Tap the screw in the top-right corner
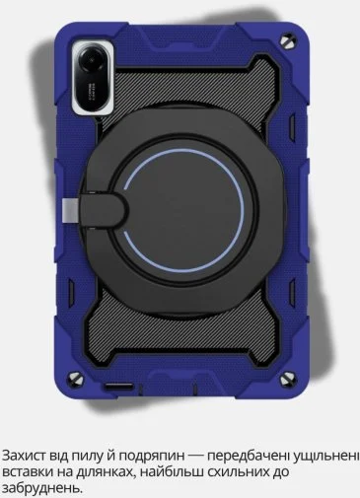click(x=289, y=40)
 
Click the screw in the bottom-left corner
click(x=75, y=378)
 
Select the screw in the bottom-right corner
click(x=289, y=379)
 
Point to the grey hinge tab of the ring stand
click(x=69, y=209)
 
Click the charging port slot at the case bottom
click(x=119, y=387)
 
